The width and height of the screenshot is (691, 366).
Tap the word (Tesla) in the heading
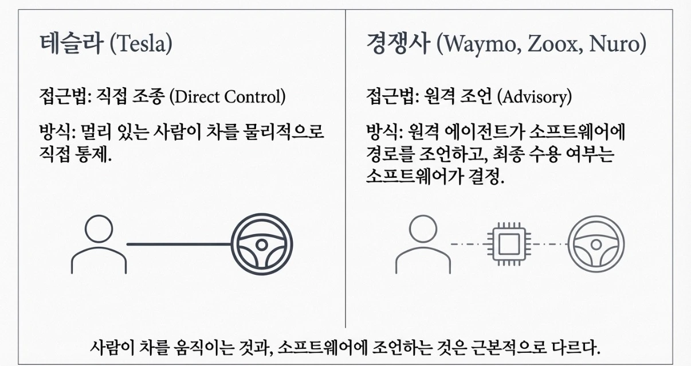[x=142, y=45]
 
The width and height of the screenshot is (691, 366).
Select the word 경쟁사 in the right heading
[x=398, y=45]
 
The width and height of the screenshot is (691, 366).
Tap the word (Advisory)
[x=535, y=96]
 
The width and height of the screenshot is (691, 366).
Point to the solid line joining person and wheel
[x=178, y=244]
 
